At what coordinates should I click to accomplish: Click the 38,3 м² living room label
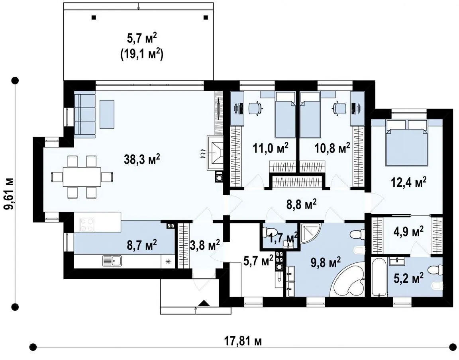click(142, 159)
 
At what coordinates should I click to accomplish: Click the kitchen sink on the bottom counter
click(112, 260)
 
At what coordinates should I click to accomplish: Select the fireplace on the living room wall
click(215, 153)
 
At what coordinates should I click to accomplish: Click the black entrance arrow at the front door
click(204, 303)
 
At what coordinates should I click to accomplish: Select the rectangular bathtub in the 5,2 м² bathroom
click(379, 277)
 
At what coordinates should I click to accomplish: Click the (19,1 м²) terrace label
click(141, 54)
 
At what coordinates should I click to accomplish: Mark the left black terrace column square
click(94, 17)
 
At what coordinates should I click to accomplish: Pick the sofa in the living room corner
click(84, 114)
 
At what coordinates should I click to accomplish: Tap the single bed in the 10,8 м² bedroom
click(310, 115)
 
